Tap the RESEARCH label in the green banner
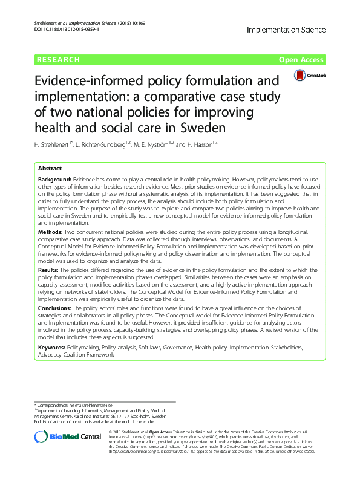pos(58,60)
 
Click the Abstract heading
pos(50,169)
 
